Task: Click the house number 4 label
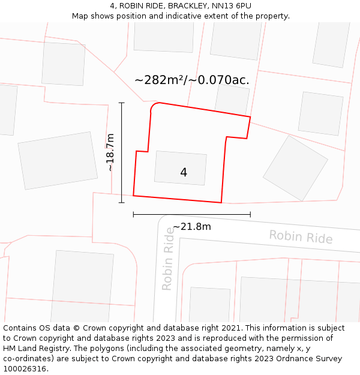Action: pos(184,172)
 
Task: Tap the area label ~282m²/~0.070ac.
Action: pos(192,80)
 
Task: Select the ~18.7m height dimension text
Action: pos(110,152)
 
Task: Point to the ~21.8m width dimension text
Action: pos(192,226)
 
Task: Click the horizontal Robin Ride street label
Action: pos(301,236)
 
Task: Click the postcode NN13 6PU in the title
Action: pos(231,6)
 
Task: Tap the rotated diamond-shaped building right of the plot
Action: pos(295,167)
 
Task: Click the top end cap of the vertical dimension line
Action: pos(122,103)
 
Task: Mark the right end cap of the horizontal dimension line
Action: pos(250,214)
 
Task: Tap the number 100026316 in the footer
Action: pos(26,368)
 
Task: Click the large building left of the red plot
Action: pos(58,160)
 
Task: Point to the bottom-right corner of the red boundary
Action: pos(221,203)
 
